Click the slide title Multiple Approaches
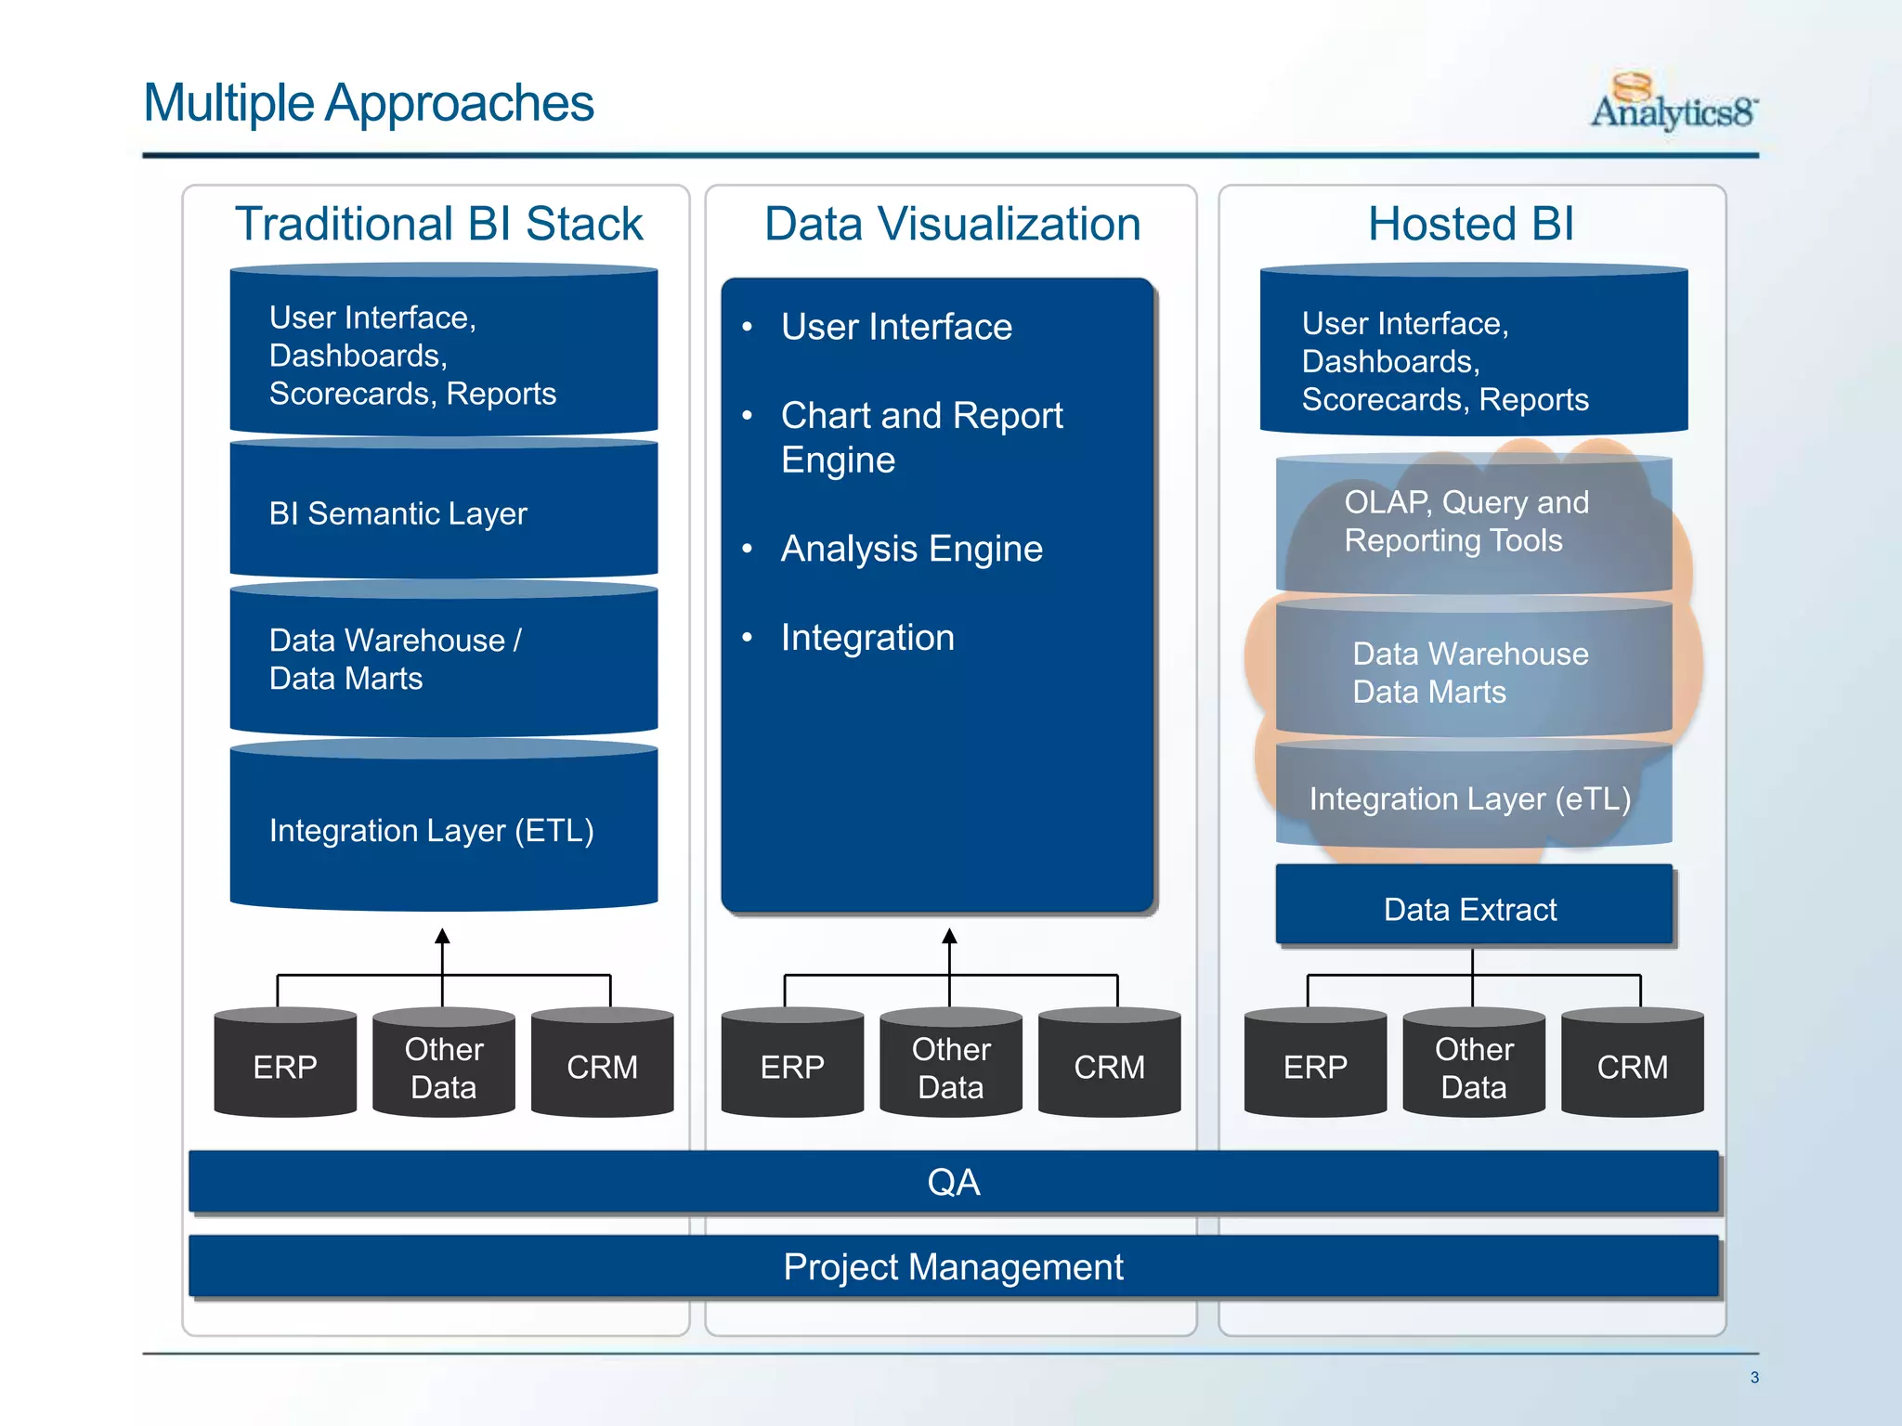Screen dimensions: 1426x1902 (x=369, y=102)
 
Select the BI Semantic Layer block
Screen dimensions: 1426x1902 (x=443, y=512)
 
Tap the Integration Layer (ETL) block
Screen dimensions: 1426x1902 (x=443, y=829)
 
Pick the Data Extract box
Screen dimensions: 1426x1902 (x=1473, y=907)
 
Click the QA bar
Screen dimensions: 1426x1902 (x=953, y=1182)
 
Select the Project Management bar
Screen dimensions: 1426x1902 (x=953, y=1266)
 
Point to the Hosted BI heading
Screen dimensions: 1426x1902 (x=1471, y=224)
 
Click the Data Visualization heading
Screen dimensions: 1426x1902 (x=952, y=224)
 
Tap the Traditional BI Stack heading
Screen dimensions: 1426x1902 (x=438, y=224)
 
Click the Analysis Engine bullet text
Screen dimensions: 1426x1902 (x=911, y=549)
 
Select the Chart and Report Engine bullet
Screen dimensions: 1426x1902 (x=920, y=437)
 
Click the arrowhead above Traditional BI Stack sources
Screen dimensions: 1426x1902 (x=443, y=936)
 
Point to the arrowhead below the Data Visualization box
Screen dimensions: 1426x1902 (x=949, y=936)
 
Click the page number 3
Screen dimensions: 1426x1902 (x=1754, y=1378)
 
